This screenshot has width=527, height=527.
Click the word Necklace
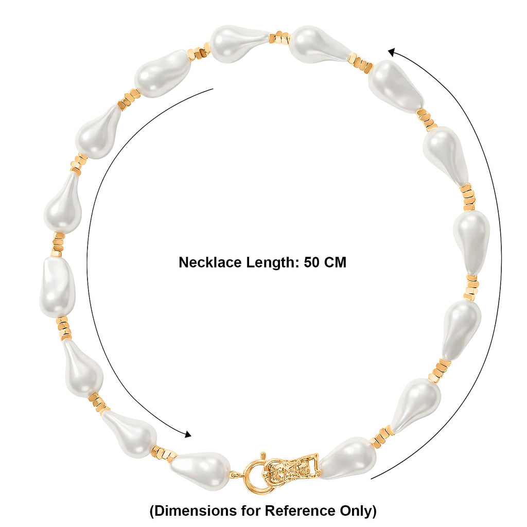(210, 262)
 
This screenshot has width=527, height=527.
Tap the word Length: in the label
(273, 263)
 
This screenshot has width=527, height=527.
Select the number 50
(312, 262)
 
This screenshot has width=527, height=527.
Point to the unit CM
(335, 262)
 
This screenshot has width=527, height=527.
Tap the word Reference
(300, 511)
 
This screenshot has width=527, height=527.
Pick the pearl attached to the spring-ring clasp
(200, 469)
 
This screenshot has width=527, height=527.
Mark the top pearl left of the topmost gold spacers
(239, 43)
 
